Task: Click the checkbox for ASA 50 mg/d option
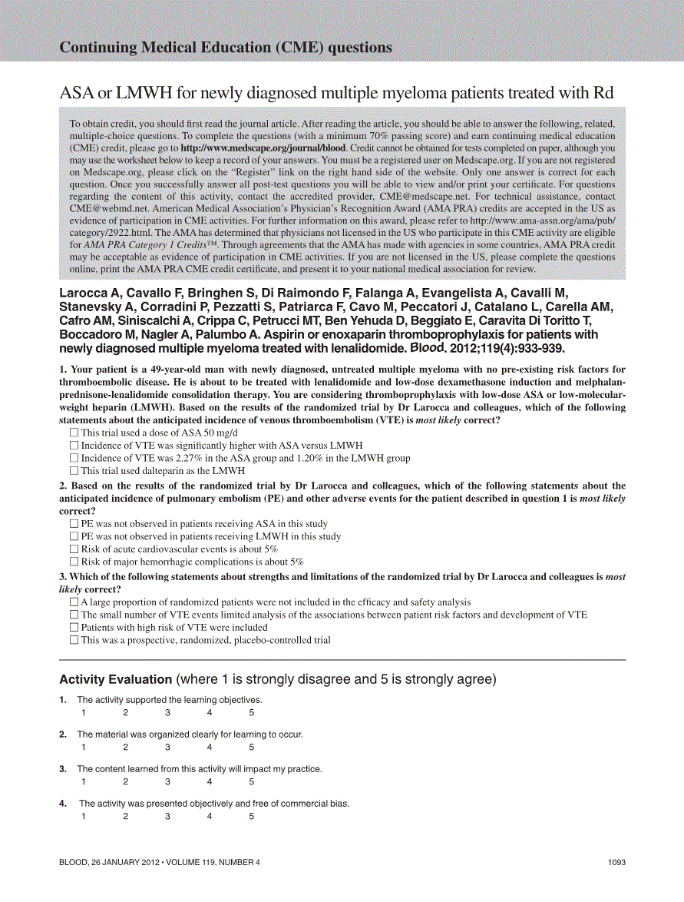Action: [x=74, y=433]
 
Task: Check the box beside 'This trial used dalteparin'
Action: [x=74, y=470]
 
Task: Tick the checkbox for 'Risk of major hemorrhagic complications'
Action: [x=74, y=562]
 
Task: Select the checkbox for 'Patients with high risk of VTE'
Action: [x=74, y=627]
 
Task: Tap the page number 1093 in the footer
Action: [x=616, y=862]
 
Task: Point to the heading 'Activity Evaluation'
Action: [x=115, y=679]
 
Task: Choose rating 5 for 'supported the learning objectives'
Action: [x=251, y=712]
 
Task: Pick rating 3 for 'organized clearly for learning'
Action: [x=167, y=747]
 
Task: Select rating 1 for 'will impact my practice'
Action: [x=84, y=781]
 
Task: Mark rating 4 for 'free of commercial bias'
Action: [x=210, y=816]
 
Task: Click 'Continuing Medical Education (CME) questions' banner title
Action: [x=226, y=48]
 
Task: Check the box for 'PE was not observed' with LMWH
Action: [x=74, y=536]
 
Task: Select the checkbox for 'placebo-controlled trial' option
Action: [x=74, y=639]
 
